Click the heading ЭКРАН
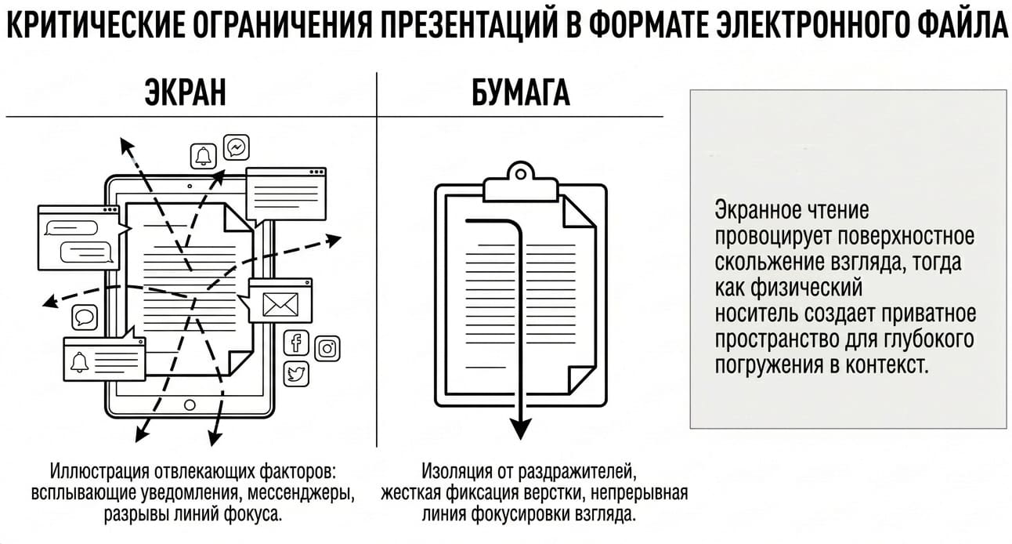click(x=185, y=93)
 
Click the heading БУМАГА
click(x=520, y=93)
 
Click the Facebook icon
click(x=296, y=343)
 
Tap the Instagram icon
click(x=327, y=348)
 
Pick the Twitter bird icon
click(x=296, y=374)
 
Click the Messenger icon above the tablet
click(x=237, y=147)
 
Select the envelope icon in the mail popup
click(x=280, y=304)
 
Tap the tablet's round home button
click(x=190, y=404)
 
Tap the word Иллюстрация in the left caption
click(x=99, y=472)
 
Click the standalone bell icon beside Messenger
click(x=203, y=156)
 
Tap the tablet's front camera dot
click(x=190, y=186)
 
